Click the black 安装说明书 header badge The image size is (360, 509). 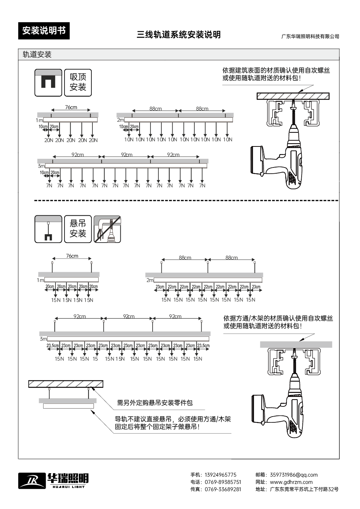(44, 31)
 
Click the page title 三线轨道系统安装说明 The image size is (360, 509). (178, 35)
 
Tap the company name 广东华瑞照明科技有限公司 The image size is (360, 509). (310, 36)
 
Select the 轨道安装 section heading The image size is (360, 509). (37, 54)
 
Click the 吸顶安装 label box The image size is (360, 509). (78, 82)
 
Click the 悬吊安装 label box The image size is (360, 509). (78, 229)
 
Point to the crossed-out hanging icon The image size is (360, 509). (107, 229)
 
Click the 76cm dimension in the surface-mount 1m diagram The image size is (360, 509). (71, 107)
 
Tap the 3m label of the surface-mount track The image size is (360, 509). (41, 166)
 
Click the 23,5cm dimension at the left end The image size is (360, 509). (53, 345)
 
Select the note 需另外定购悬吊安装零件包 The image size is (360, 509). (155, 403)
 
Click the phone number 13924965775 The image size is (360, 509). (220, 475)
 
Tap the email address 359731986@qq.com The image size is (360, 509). (293, 475)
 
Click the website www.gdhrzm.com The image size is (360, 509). (291, 482)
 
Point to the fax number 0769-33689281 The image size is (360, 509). (223, 489)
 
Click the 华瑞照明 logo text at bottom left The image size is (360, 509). (68, 479)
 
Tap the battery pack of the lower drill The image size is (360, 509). (258, 409)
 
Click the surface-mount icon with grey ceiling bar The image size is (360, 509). (48, 82)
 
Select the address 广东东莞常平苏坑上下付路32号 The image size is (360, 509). (304, 489)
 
